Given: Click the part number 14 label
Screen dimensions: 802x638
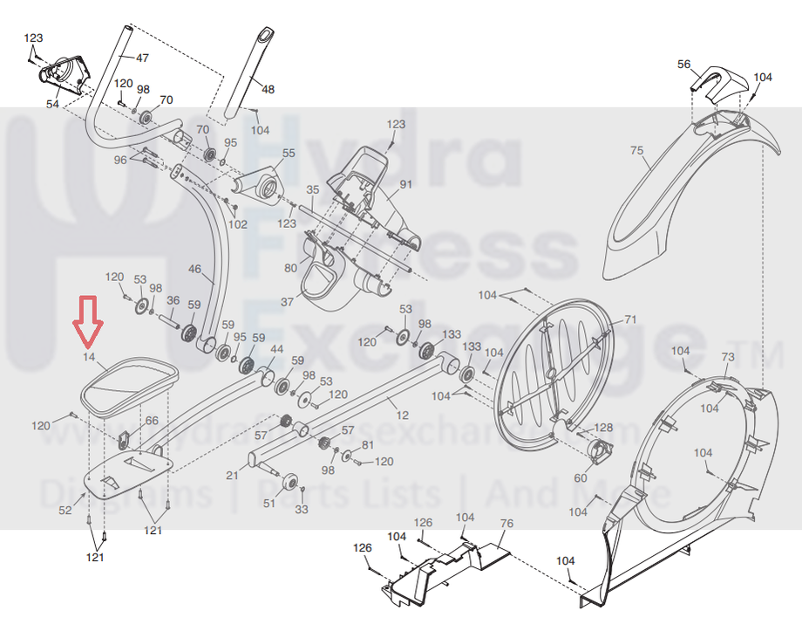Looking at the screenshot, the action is [x=88, y=357].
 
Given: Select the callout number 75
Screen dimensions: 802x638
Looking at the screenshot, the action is [x=637, y=150].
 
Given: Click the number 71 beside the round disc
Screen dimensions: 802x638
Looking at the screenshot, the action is [x=630, y=319].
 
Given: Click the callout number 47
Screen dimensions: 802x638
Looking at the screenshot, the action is [x=142, y=58].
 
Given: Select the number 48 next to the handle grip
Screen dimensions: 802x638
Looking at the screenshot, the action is [x=268, y=89].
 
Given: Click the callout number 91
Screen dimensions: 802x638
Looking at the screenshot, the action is [x=405, y=185].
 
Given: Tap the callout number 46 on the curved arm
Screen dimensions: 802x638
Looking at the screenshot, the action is [x=194, y=270].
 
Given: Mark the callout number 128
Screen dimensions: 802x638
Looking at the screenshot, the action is [x=604, y=428].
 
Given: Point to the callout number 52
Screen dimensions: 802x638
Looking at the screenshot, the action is [x=65, y=511].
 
